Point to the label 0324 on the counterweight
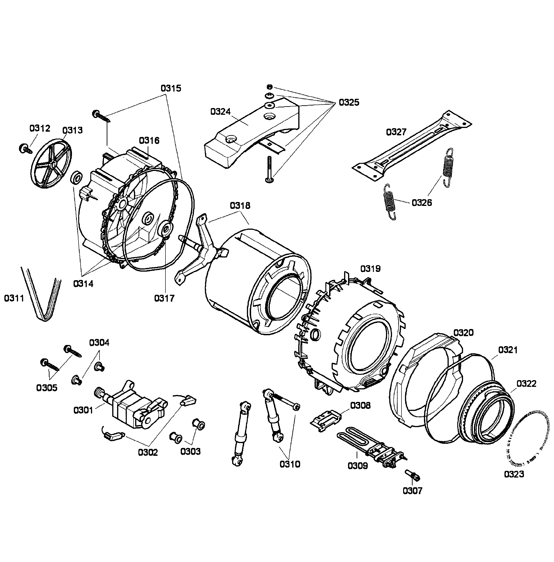tap(220, 112)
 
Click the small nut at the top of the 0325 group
tap(269, 87)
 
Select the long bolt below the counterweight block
tap(269, 169)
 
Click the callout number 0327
tap(396, 132)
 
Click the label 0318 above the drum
tap(240, 205)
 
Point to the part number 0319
tap(370, 268)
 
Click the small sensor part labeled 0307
tap(413, 475)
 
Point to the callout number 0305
tap(47, 388)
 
